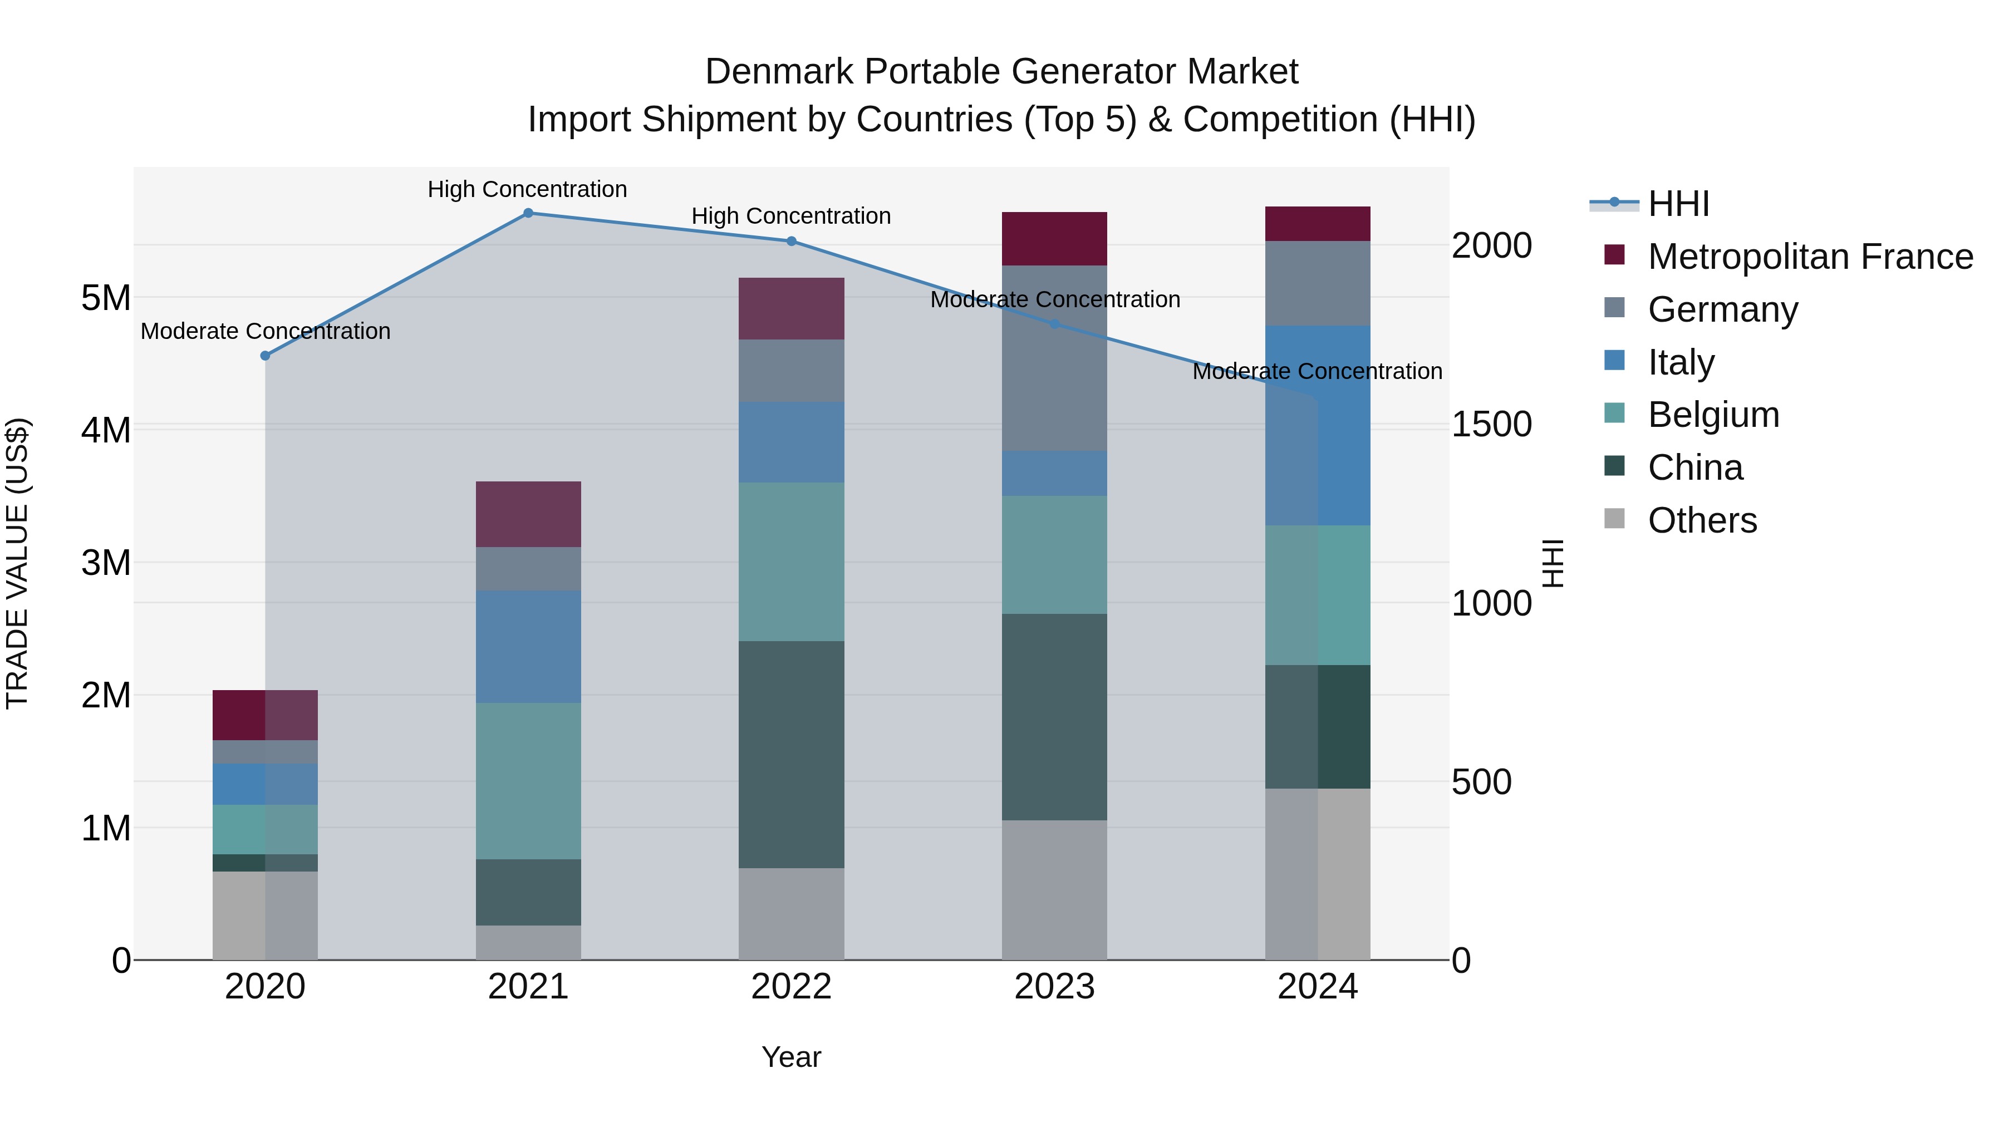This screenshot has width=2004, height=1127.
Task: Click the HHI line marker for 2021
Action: [x=528, y=213]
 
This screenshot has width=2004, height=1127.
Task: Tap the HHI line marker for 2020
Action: [x=266, y=356]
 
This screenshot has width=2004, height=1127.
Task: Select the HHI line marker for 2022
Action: [x=791, y=241]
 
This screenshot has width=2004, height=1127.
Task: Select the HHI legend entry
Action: [x=1678, y=204]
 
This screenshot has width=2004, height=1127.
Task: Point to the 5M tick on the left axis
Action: [x=106, y=298]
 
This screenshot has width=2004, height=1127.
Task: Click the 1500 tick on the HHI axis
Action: [x=1491, y=425]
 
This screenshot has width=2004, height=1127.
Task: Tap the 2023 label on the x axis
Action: [x=1054, y=987]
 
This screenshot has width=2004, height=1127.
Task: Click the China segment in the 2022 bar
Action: [x=791, y=755]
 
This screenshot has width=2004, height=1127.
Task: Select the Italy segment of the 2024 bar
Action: [x=1318, y=425]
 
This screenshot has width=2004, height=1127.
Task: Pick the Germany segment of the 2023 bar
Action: [x=1054, y=358]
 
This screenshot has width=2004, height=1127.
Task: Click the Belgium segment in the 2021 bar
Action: [x=528, y=781]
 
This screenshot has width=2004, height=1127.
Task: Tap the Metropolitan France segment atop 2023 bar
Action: [x=1054, y=239]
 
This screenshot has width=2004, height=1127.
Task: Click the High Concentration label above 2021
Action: [x=528, y=189]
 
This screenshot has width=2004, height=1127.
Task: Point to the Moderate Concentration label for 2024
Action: [x=1317, y=372]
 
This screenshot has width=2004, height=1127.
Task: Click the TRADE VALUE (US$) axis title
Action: [x=17, y=563]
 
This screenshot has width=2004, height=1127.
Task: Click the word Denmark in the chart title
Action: [x=779, y=72]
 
